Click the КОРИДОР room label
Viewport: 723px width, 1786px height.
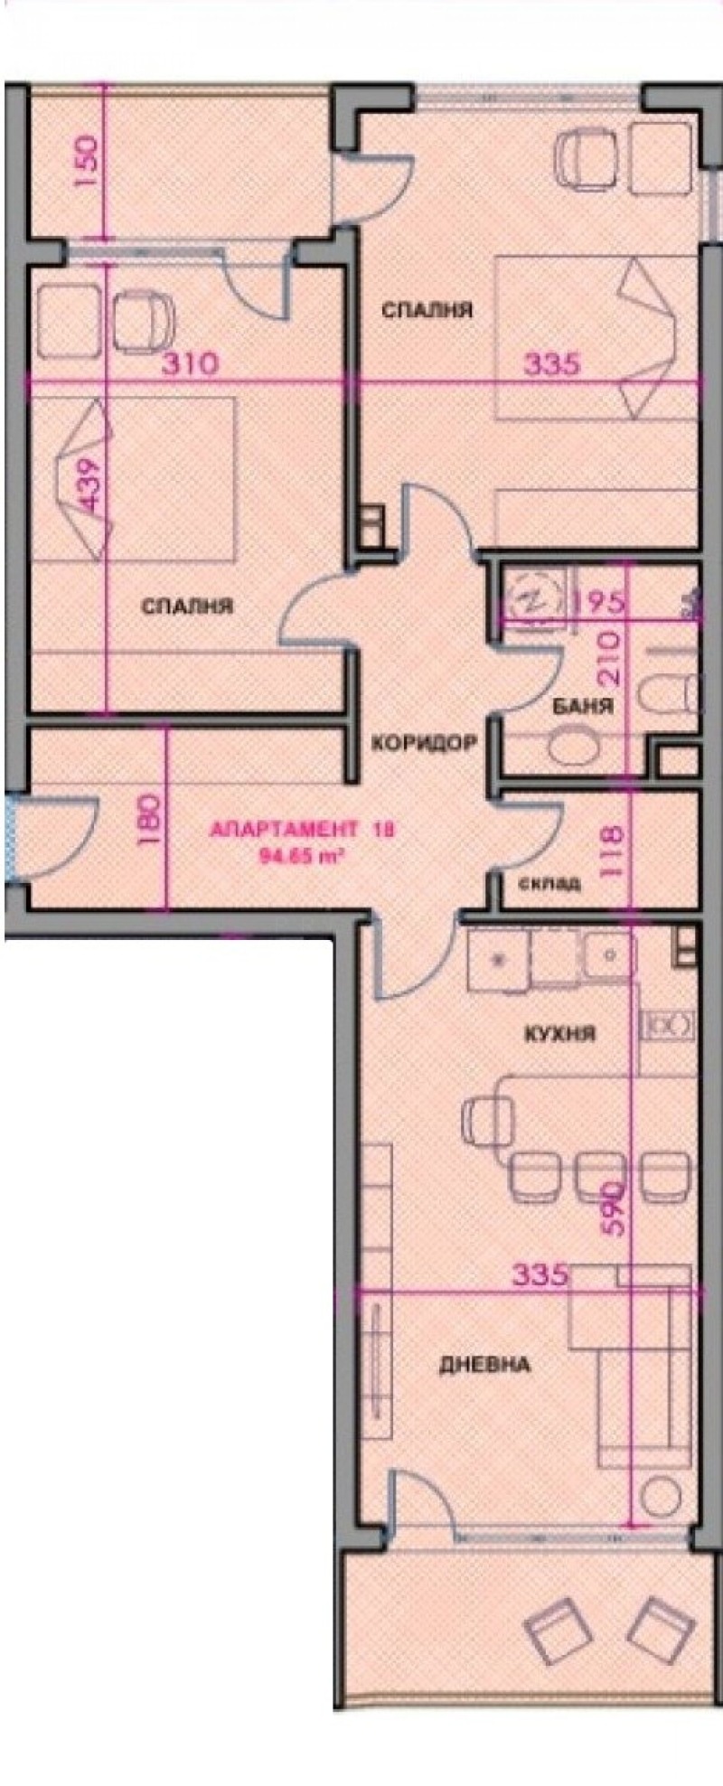point(423,744)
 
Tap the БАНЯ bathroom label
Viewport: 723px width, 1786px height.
point(583,707)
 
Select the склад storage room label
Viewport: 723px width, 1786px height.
point(549,883)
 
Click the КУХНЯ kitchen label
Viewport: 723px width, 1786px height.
point(560,1033)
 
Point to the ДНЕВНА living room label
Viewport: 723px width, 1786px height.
point(484,1364)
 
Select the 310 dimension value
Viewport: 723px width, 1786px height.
point(190,364)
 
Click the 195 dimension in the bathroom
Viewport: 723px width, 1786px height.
point(599,603)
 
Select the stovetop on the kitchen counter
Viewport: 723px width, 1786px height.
point(667,1025)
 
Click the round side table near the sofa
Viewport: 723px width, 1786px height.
point(662,1496)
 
